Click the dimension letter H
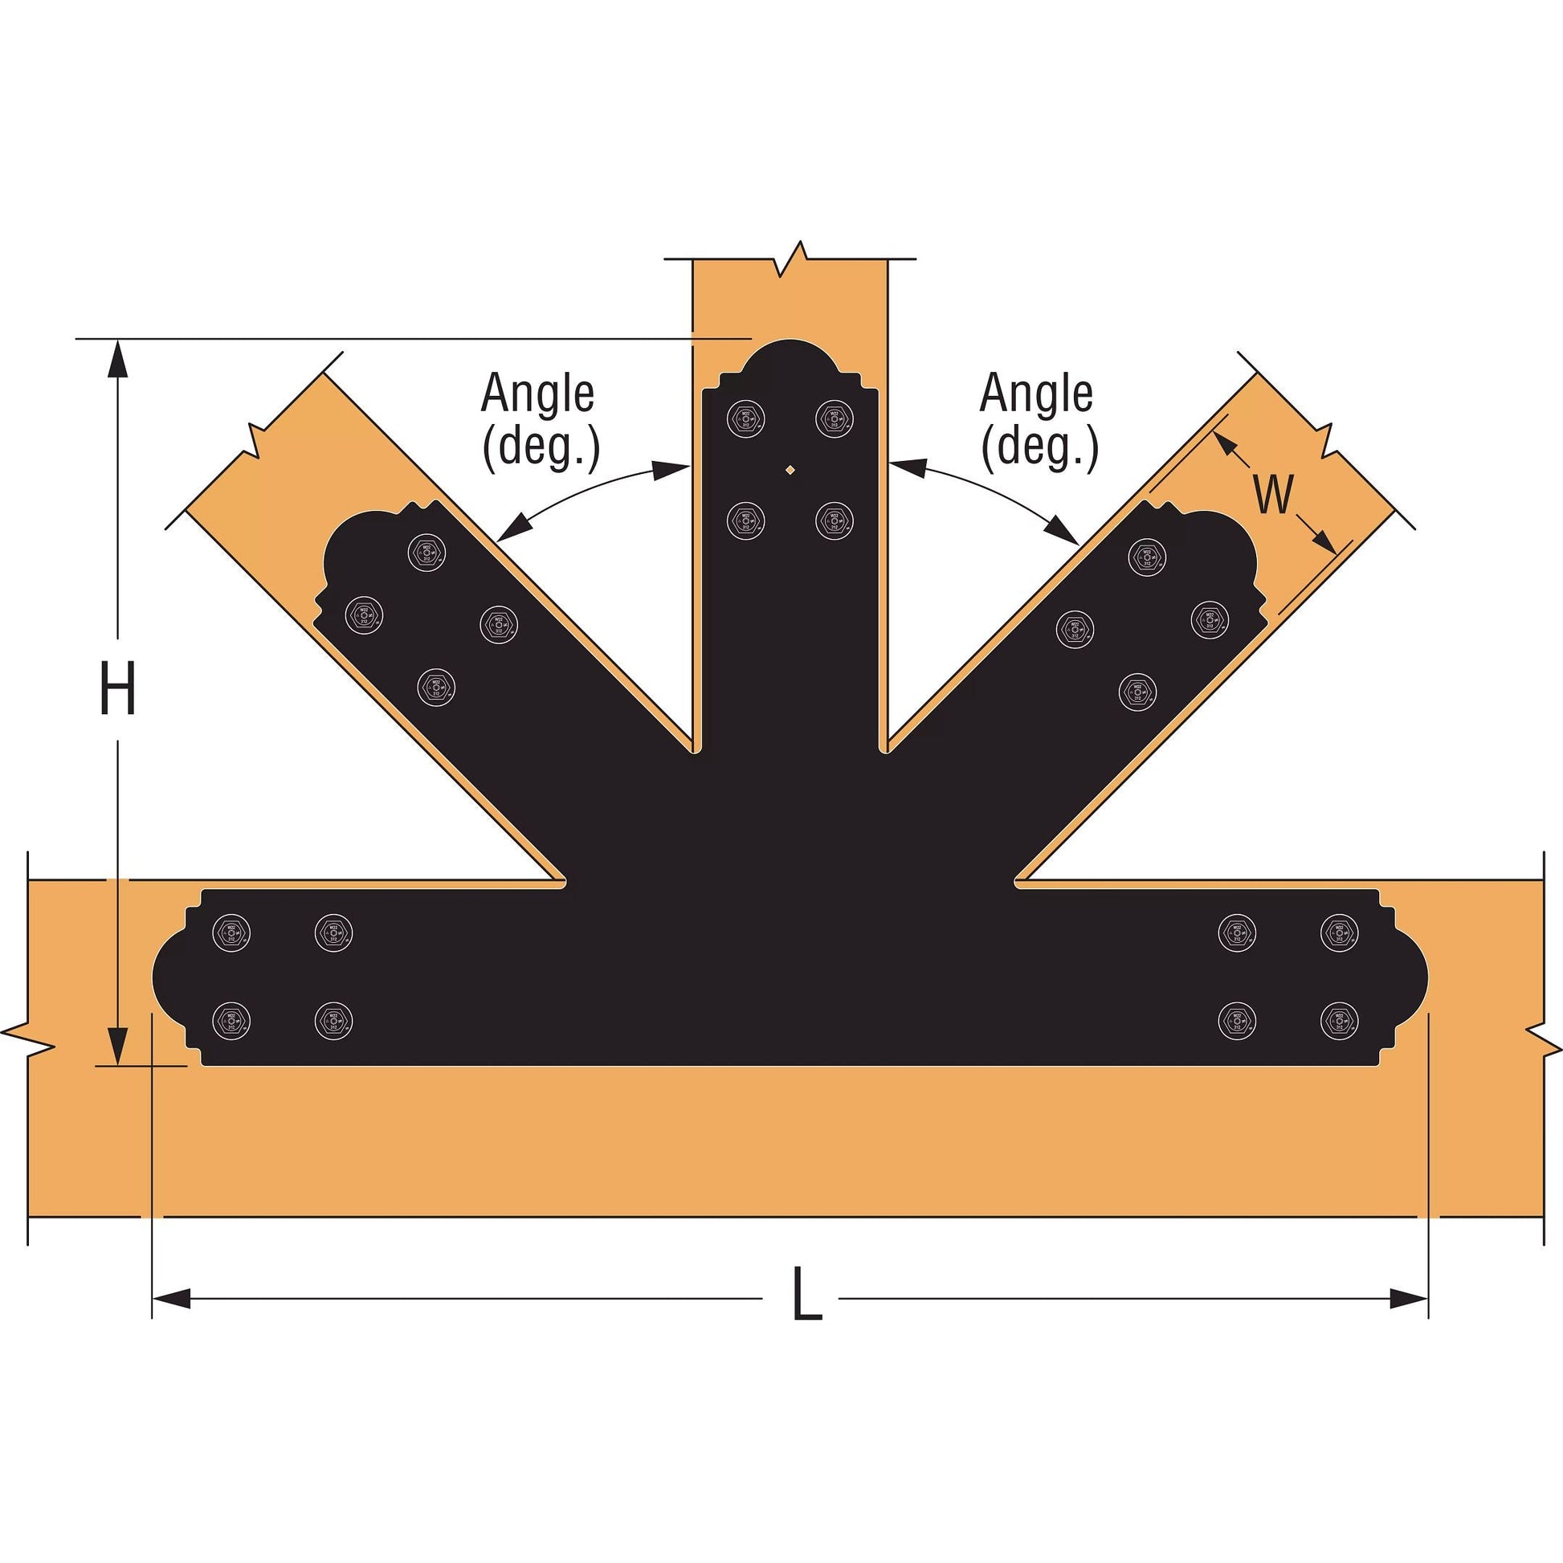[117, 688]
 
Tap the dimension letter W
[1273, 494]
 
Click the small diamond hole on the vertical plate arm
[790, 467]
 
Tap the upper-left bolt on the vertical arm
[746, 418]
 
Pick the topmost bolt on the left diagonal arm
[426, 553]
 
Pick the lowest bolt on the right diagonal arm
[1137, 692]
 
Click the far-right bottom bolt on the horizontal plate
[1339, 1021]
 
